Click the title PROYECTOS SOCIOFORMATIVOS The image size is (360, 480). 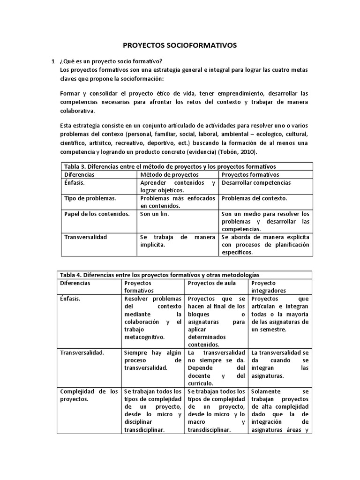pos(180,45)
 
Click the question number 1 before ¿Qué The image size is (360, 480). pos(53,61)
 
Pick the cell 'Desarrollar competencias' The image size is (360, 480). pos(256,182)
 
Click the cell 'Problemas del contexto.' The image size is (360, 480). pos(254,198)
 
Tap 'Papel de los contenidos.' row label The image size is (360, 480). pos(96,214)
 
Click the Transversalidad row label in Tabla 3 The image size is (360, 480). pos(85,237)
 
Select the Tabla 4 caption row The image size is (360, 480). pos(158,275)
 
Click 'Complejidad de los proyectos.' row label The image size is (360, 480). pos(89,395)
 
